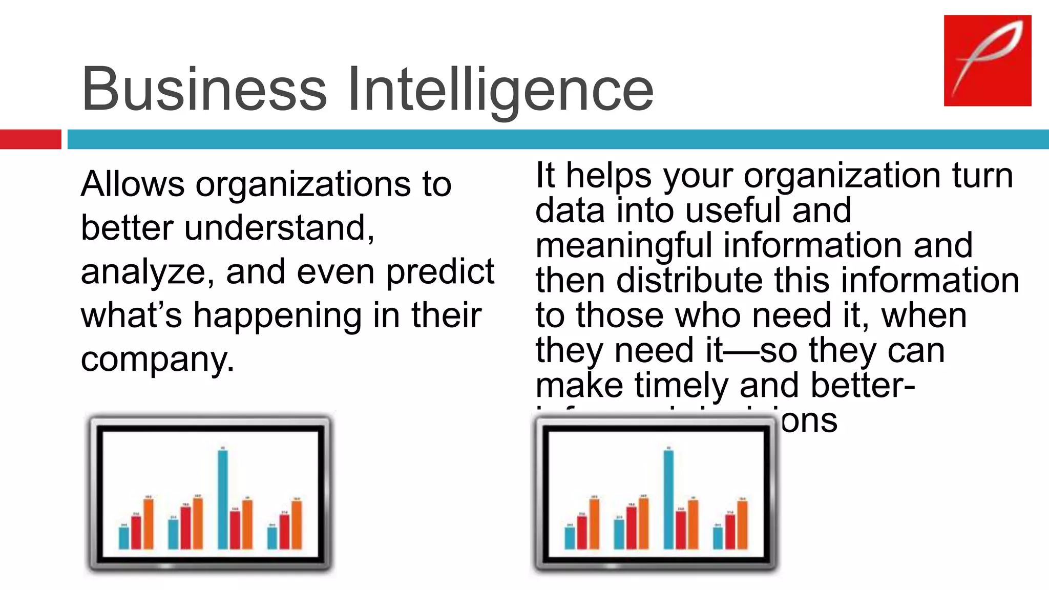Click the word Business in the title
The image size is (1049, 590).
point(204,89)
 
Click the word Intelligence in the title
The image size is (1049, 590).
point(500,90)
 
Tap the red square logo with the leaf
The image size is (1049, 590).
point(987,60)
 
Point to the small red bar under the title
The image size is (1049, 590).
point(30,139)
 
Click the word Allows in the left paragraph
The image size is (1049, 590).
point(133,184)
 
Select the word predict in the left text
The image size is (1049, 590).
point(440,272)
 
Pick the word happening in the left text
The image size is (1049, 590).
point(277,315)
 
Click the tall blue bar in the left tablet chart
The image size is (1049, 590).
point(223,499)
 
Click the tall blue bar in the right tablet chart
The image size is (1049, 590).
point(668,499)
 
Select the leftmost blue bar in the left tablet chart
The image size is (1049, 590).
point(124,538)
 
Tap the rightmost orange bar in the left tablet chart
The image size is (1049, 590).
point(297,525)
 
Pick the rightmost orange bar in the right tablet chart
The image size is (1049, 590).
point(742,525)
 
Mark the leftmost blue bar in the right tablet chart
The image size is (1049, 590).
point(570,538)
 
